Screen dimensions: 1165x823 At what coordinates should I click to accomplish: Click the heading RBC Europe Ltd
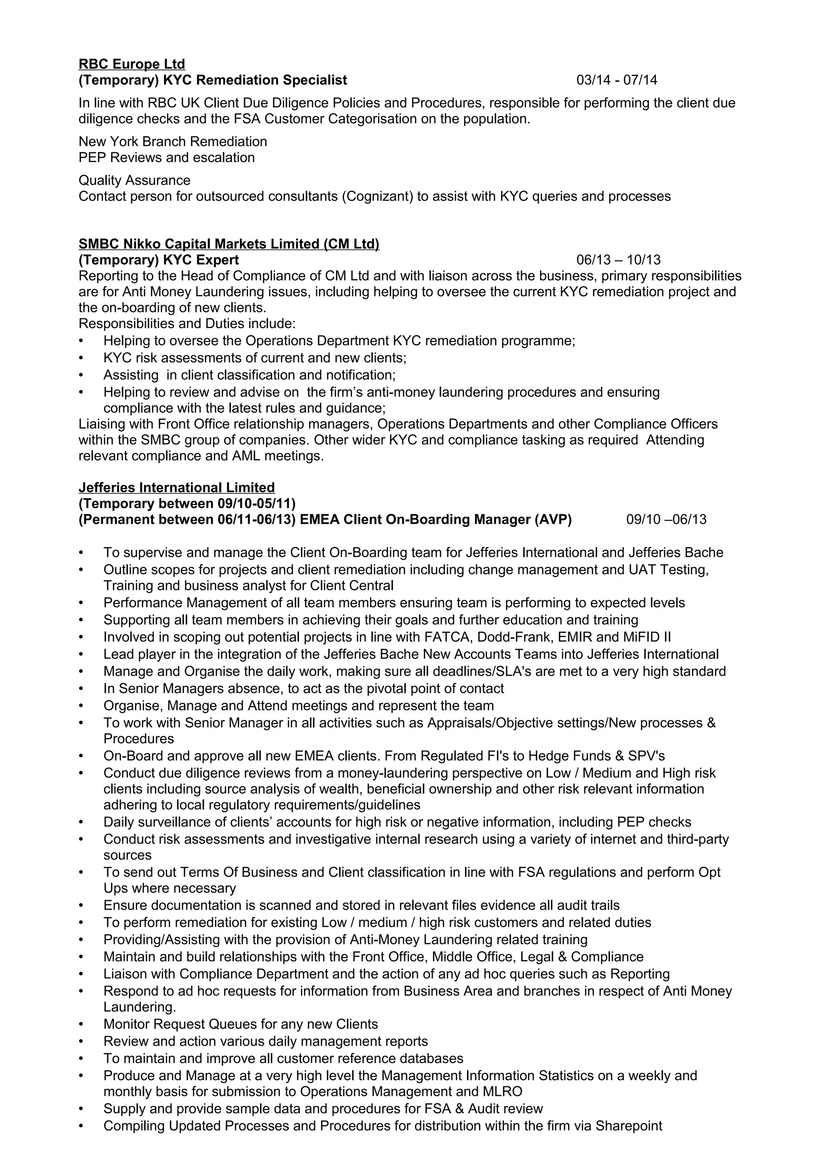(x=131, y=64)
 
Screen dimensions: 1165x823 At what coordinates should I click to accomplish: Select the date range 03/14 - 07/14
(x=616, y=80)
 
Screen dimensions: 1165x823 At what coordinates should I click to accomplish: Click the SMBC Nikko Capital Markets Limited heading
(x=229, y=244)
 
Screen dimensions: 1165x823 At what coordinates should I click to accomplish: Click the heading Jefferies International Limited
(x=176, y=488)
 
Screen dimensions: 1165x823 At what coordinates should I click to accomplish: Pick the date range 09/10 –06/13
(x=666, y=519)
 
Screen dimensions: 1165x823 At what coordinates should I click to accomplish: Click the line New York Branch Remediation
(x=172, y=142)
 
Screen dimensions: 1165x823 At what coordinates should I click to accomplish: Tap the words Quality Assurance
(x=134, y=180)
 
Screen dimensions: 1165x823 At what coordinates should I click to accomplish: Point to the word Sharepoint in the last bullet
(x=629, y=1126)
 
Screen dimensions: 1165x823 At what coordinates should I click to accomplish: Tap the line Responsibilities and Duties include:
(x=186, y=324)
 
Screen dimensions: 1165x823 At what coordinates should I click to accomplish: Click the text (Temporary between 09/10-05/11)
(x=186, y=503)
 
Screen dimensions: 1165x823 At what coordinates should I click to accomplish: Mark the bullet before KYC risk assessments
(x=81, y=358)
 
